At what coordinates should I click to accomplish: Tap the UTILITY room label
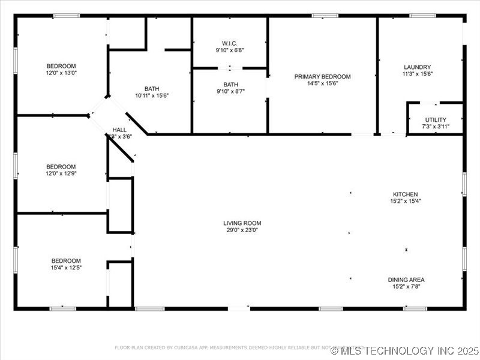[x=436, y=120]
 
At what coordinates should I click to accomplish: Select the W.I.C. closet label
[x=230, y=43]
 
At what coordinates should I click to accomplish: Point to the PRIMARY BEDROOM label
[x=322, y=77]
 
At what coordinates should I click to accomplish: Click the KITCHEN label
[x=405, y=194]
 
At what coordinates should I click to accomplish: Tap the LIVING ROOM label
[x=242, y=223]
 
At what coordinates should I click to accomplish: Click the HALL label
[x=119, y=130]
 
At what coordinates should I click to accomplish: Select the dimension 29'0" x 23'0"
[x=242, y=230]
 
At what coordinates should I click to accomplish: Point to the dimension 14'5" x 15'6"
[x=322, y=83]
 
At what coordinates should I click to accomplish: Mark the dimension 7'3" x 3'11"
[x=436, y=127]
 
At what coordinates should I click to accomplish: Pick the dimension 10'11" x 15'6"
[x=152, y=95]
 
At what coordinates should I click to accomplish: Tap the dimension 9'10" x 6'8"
[x=230, y=50]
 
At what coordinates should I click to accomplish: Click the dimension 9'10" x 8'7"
[x=230, y=91]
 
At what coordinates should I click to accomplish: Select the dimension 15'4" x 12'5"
[x=66, y=267]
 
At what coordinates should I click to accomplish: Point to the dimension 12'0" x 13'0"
[x=62, y=73]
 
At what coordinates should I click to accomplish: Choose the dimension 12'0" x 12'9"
[x=62, y=173]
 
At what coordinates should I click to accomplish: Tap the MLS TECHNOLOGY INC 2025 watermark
[x=405, y=350]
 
